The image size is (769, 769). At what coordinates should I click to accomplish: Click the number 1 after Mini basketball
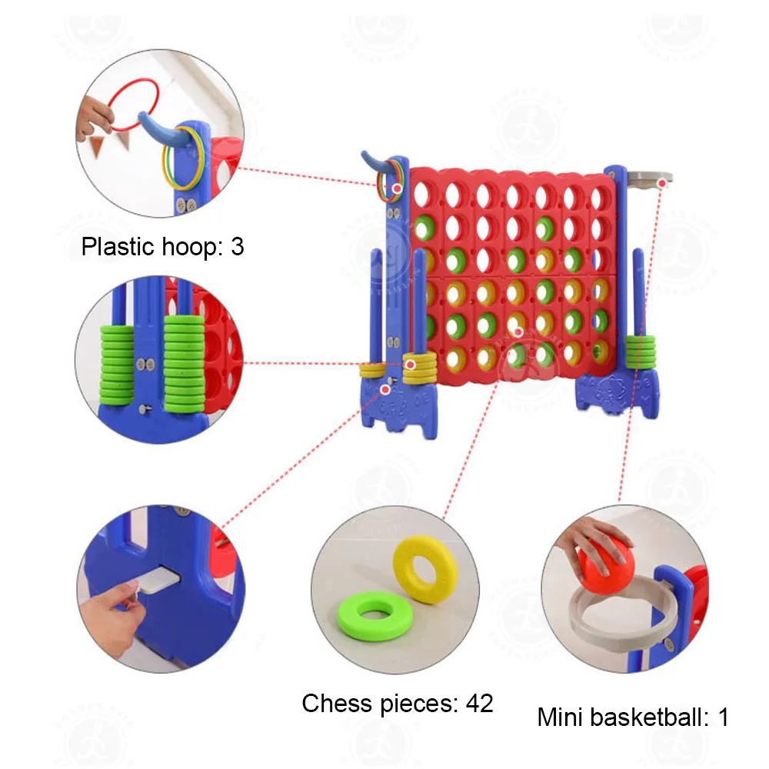point(722,717)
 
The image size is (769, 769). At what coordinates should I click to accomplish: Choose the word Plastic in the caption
point(115,247)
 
